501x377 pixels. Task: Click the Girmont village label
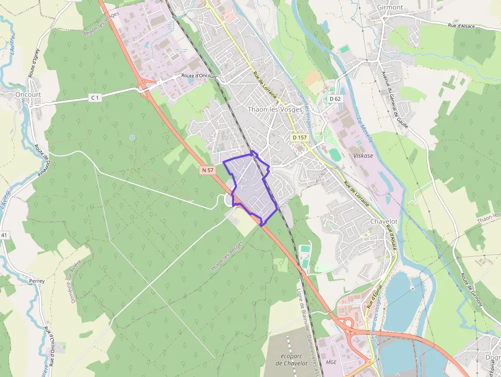390,7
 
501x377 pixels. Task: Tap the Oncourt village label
28,95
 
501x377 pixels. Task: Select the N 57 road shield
208,170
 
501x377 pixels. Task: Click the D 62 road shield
335,99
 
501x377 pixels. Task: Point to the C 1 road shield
94,97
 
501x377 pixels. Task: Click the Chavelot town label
383,221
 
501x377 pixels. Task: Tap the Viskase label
363,155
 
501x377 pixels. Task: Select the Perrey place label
37,281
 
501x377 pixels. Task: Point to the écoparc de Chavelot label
290,359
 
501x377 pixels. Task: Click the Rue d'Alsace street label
462,26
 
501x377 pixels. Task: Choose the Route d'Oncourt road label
199,76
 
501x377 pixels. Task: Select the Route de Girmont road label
471,289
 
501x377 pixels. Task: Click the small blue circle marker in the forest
132,138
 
